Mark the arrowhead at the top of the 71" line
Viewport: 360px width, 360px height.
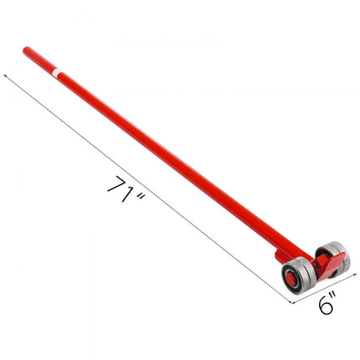click(7, 74)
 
